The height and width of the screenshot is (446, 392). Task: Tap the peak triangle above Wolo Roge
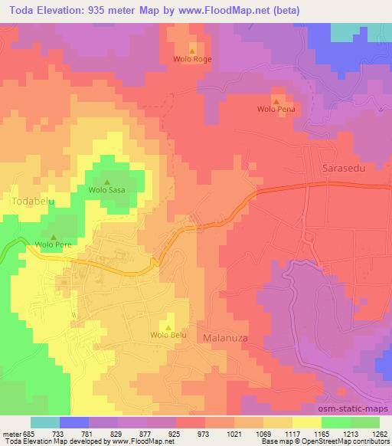(x=192, y=51)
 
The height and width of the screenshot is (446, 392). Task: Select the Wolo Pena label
(x=276, y=110)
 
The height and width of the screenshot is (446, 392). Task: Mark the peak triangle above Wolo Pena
(x=276, y=100)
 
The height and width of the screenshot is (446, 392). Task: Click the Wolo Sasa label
(x=106, y=190)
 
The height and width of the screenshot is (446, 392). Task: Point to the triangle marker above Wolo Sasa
(x=106, y=182)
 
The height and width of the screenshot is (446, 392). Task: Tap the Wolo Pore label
(x=53, y=246)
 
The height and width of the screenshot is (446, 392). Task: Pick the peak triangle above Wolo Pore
(x=53, y=238)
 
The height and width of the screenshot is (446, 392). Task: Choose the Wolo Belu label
(x=168, y=335)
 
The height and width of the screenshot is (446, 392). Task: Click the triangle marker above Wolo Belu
(x=168, y=326)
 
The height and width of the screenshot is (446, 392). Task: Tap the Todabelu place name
(x=33, y=201)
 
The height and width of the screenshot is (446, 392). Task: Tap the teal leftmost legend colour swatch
(x=44, y=422)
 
